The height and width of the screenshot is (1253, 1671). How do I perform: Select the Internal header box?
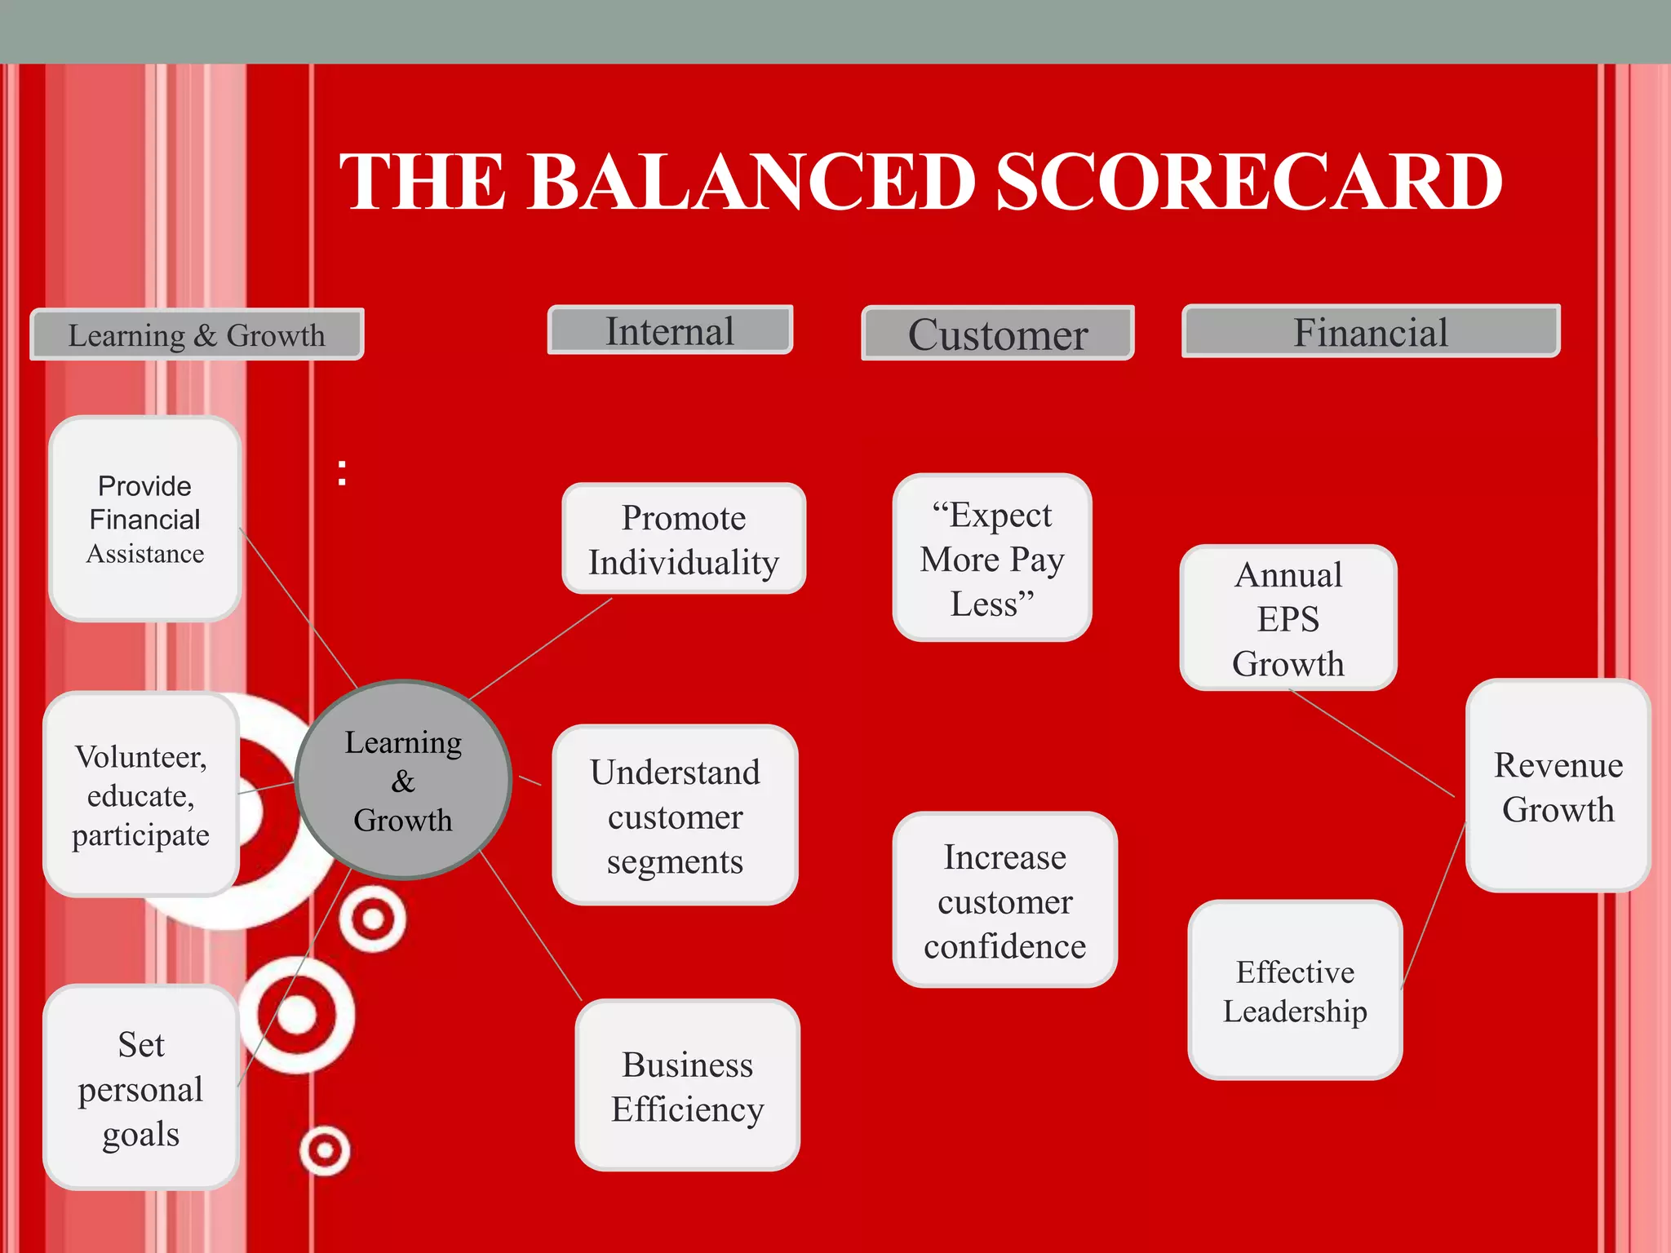tap(670, 330)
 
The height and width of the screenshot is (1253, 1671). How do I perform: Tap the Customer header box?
tap(997, 334)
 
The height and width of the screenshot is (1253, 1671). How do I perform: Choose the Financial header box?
tap(1371, 332)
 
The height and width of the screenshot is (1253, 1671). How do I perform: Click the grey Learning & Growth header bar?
tap(197, 334)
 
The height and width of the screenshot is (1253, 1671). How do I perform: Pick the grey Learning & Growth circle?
tap(403, 781)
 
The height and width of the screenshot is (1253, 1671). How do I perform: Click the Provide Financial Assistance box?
tap(145, 519)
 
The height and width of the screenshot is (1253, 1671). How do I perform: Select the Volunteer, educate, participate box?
tap(141, 795)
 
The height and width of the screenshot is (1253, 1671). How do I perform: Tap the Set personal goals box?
tap(141, 1087)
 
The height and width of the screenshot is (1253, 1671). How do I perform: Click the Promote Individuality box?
tap(684, 539)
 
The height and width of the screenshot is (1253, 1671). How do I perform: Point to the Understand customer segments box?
tap(675, 816)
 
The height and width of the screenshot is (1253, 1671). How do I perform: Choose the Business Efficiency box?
tap(687, 1086)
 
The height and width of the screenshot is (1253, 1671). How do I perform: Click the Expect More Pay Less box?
tap(992, 558)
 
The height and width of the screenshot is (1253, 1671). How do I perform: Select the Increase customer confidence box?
tap(1004, 901)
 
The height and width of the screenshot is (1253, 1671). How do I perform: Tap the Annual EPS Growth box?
tap(1288, 618)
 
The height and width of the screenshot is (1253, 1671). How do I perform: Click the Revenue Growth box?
tap(1558, 786)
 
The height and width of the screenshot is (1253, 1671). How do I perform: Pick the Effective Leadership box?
tap(1295, 990)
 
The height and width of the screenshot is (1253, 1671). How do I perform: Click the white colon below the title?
tap(342, 473)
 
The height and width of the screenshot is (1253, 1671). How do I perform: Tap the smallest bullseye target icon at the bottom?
tap(325, 1150)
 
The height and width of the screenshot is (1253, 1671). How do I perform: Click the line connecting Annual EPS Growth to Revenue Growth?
tap(1371, 742)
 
